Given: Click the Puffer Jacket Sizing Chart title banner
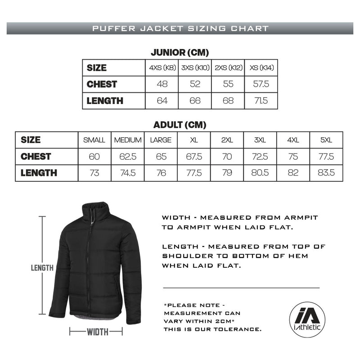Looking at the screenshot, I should (x=180, y=28).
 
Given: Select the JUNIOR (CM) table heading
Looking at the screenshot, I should (x=180, y=53).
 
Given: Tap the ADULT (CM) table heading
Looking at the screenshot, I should (x=180, y=125).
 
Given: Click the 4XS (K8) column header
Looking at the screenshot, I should (x=162, y=68).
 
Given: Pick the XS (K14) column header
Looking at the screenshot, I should (x=261, y=68).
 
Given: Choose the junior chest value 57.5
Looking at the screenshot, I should (x=261, y=84).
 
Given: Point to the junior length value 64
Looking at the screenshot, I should (x=162, y=101).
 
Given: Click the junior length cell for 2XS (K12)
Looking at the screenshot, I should (x=228, y=101).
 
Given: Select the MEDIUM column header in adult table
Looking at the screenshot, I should (x=128, y=140).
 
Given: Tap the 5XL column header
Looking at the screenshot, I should (x=326, y=140).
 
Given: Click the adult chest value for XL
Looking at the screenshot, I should (x=194, y=157).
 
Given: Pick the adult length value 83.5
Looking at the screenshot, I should (x=326, y=173).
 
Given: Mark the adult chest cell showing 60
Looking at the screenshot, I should (x=94, y=157).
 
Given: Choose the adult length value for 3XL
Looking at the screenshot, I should (x=260, y=173).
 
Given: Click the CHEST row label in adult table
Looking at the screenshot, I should (x=36, y=157).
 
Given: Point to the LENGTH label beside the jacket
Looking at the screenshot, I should (x=42, y=268).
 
